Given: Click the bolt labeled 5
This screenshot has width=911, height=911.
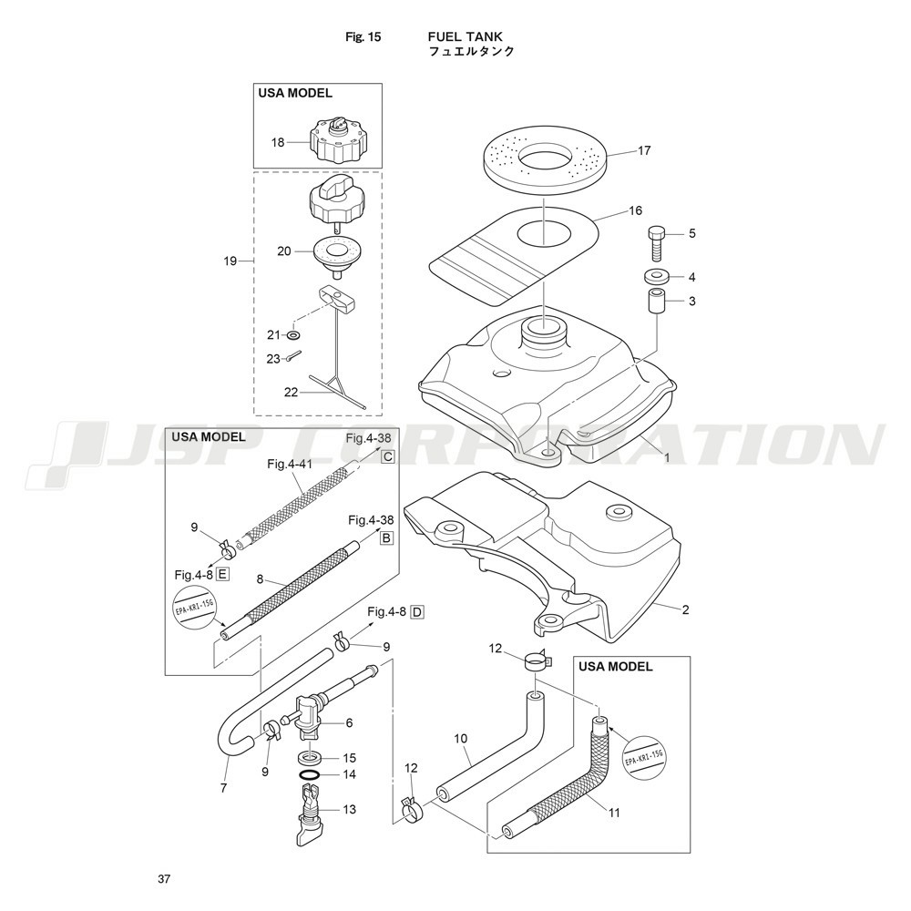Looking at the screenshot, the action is (656, 242).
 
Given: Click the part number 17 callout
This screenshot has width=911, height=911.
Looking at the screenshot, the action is (644, 151).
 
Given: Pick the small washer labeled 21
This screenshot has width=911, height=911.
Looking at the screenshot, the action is (293, 335).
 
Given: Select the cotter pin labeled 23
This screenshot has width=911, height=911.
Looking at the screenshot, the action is (293, 358).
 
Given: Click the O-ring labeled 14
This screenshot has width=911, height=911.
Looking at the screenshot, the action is (310, 774).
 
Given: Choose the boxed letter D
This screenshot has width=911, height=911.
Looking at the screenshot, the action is (417, 612).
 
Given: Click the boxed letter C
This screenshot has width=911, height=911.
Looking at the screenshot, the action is (387, 456).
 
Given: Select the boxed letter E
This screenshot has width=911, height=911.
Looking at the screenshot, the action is (222, 575).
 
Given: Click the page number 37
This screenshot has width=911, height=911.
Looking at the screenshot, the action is (164, 879).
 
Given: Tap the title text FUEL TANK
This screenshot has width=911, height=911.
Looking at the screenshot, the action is (466, 37).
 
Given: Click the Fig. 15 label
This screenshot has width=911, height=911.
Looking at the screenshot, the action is (363, 37).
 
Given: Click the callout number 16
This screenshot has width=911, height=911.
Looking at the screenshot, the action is (636, 210).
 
